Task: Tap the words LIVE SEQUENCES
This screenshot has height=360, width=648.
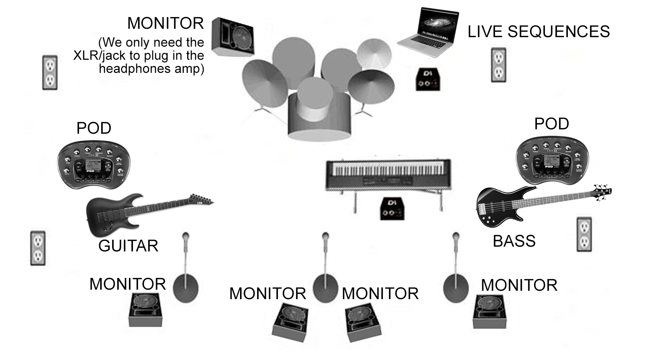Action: [538, 32]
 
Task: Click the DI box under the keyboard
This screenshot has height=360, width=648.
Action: [392, 209]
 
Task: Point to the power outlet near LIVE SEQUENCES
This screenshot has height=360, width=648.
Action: [498, 64]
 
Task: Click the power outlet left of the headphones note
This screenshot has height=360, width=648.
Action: [50, 72]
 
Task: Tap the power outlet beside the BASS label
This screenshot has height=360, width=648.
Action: [584, 234]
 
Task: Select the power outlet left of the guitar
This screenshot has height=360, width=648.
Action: [38, 248]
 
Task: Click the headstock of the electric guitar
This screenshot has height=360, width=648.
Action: [202, 200]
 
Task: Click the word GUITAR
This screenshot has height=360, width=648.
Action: [128, 246]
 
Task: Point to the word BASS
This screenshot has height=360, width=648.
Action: [514, 241]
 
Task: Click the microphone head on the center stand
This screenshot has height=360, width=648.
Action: [325, 237]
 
